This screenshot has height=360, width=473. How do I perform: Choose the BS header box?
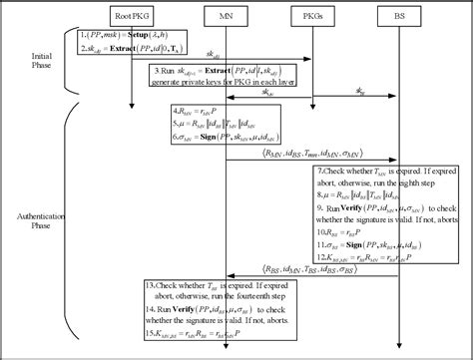tap(392, 16)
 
